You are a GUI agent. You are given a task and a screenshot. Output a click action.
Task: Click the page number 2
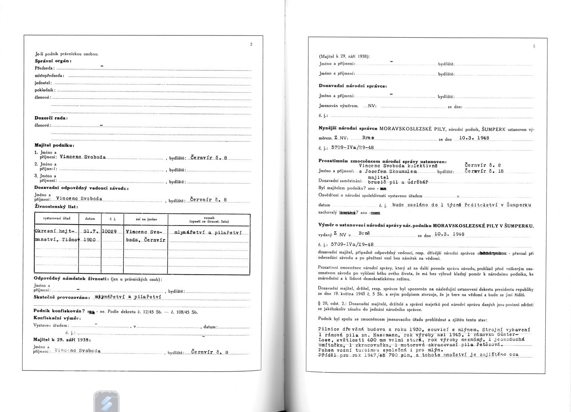(x=251, y=44)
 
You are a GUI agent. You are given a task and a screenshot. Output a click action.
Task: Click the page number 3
(x=534, y=47)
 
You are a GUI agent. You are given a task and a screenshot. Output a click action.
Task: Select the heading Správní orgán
(x=53, y=61)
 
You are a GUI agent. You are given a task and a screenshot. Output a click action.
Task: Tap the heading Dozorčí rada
(x=51, y=118)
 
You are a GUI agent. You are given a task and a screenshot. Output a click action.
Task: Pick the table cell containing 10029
(x=109, y=232)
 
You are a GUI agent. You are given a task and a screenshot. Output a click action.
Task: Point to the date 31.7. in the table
(x=90, y=232)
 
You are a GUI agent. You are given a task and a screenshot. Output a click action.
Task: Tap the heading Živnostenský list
(x=56, y=206)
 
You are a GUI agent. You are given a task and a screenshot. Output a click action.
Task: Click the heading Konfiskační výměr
(x=57, y=318)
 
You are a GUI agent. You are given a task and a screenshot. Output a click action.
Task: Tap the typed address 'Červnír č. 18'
(x=486, y=171)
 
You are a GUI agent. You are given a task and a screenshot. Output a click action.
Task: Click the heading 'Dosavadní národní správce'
(x=352, y=86)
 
